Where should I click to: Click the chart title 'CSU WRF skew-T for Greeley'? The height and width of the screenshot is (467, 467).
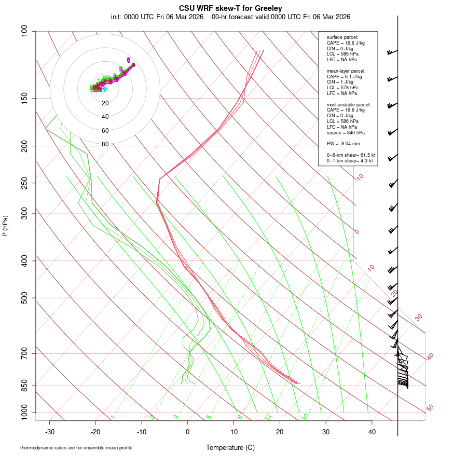tap(230, 8)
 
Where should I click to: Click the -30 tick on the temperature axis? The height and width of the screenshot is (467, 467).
tap(50, 431)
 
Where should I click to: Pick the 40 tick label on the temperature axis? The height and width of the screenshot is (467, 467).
tap(372, 431)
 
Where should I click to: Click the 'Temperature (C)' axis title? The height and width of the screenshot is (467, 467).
tap(230, 447)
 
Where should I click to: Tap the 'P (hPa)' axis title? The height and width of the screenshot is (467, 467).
tap(5, 226)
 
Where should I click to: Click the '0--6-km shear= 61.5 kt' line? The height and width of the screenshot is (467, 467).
tap(351, 155)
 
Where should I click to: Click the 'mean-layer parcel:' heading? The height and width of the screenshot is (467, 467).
tap(346, 71)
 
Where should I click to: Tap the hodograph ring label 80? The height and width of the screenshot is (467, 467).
tap(105, 144)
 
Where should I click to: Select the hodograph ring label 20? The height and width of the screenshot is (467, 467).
tap(105, 103)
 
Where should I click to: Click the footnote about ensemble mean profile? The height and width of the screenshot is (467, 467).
tap(76, 447)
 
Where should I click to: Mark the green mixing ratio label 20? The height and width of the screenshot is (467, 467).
tap(305, 417)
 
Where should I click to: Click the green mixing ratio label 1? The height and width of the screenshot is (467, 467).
tap(113, 417)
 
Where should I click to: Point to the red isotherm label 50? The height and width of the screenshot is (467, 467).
tap(430, 408)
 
